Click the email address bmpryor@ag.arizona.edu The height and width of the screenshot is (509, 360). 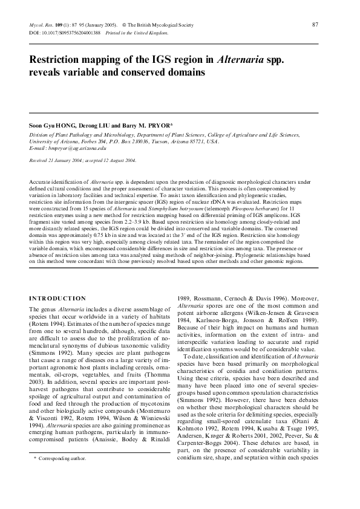79,148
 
